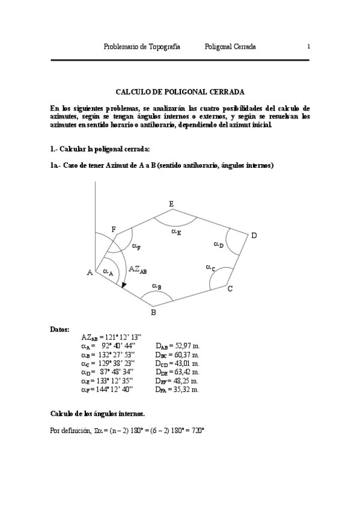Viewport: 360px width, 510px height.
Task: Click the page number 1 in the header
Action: tap(308, 46)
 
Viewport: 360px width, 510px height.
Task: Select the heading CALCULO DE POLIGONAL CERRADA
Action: tap(180, 92)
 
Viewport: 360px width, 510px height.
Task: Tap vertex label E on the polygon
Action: tap(171, 205)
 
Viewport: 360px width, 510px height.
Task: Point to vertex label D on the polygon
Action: tap(254, 236)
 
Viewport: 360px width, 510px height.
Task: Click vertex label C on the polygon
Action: tap(230, 289)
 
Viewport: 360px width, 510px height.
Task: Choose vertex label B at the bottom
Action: tap(153, 312)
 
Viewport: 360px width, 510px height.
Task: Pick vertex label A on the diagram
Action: tap(90, 272)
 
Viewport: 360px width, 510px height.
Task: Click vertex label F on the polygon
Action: tap(114, 229)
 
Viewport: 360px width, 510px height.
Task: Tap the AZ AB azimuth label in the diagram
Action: tap(138, 271)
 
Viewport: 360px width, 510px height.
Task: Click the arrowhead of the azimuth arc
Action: tap(123, 285)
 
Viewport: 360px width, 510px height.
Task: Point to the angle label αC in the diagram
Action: tap(210, 267)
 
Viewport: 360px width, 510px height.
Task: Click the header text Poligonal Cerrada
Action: tap(230, 46)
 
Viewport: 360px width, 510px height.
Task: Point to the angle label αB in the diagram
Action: tap(156, 286)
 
